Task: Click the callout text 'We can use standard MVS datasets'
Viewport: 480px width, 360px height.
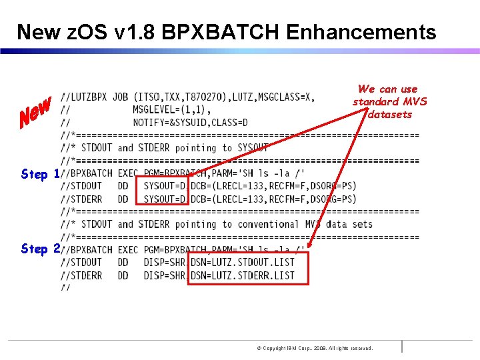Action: tap(389, 101)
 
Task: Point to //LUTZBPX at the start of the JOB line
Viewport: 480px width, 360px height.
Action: tap(84, 97)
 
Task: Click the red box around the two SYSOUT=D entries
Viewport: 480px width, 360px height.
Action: tap(162, 191)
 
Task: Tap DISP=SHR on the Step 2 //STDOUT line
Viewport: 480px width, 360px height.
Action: tap(165, 262)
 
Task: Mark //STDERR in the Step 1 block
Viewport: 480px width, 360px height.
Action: tap(81, 199)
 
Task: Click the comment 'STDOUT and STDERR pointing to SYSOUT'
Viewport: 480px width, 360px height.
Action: tap(173, 148)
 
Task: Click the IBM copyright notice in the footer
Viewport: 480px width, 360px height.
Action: tap(315, 348)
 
